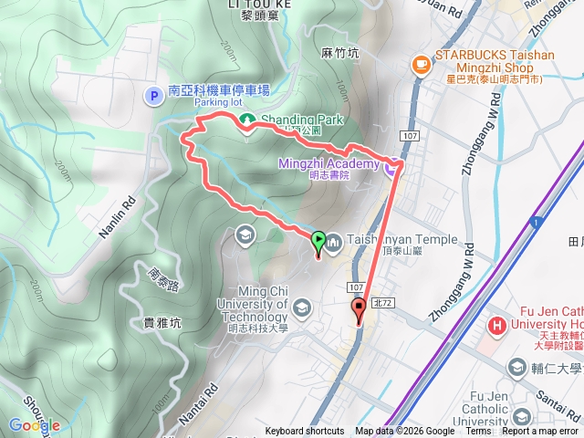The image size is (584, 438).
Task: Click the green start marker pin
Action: coord(318,243)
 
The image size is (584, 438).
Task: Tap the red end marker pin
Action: coord(359,310)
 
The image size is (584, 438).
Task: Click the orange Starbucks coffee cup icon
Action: coord(421,63)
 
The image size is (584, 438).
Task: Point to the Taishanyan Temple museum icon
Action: coord(334,242)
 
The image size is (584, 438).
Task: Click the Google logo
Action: coord(34,425)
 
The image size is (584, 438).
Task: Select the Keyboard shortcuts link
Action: coord(305,432)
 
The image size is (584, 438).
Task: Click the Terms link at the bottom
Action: coord(478,432)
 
